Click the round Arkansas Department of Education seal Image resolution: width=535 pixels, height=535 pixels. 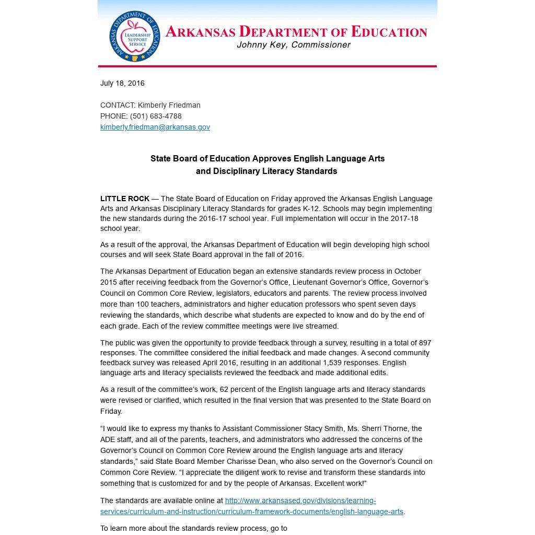[135, 37]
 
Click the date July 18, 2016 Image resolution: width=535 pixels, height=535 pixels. [122, 83]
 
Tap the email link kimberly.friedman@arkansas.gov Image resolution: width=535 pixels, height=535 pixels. [155, 127]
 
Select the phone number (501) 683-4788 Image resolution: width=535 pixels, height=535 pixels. [156, 116]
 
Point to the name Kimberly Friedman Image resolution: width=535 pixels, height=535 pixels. [169, 105]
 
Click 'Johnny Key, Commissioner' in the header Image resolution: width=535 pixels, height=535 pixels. [294, 45]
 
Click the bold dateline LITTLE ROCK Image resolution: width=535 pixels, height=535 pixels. [125, 199]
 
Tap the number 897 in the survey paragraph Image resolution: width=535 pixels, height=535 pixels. [425, 343]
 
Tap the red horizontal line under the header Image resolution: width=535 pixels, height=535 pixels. [267, 66]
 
